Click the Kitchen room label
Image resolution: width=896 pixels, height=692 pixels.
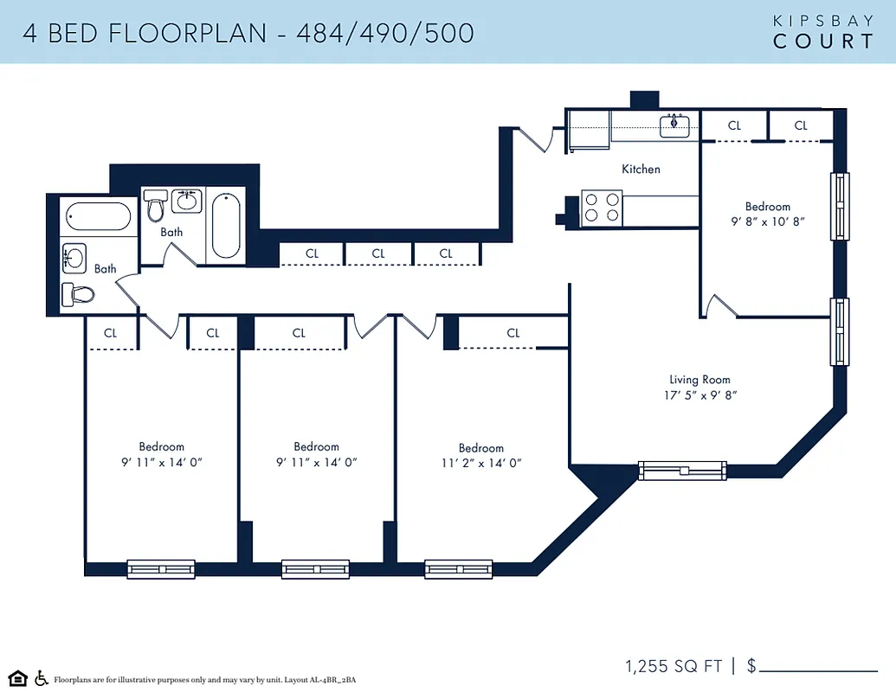point(641,170)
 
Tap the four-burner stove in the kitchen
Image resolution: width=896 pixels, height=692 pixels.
point(602,208)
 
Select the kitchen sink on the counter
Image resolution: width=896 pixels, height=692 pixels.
point(675,125)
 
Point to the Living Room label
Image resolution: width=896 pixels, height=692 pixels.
point(699,380)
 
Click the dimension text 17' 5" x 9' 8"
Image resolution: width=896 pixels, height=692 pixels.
point(699,395)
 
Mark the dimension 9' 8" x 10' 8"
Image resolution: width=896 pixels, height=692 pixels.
point(768,221)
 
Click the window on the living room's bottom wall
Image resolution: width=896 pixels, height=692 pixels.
point(682,471)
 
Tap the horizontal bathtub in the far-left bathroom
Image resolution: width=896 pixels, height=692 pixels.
point(98,215)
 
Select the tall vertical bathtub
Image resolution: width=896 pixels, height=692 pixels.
point(226,225)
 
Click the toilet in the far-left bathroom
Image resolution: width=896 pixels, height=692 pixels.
point(78,294)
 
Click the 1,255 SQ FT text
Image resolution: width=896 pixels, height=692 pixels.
point(674,666)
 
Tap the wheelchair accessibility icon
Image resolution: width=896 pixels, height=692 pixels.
point(41,678)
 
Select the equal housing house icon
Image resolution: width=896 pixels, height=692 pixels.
point(17,678)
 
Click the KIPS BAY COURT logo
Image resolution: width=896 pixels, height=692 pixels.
point(822,32)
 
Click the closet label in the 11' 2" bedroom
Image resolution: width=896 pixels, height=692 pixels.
point(513,333)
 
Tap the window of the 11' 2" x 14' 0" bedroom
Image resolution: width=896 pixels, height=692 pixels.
point(459,568)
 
